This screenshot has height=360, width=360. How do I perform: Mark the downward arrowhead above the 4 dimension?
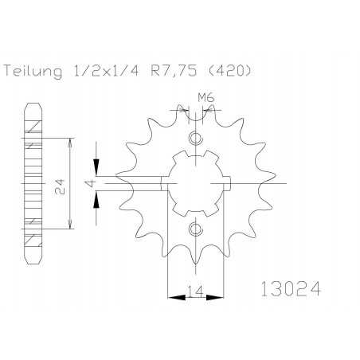tap(96, 170)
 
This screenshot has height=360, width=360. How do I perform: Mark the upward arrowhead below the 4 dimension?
tap(96, 198)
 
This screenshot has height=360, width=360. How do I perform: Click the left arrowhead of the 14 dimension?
tap(170, 298)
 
